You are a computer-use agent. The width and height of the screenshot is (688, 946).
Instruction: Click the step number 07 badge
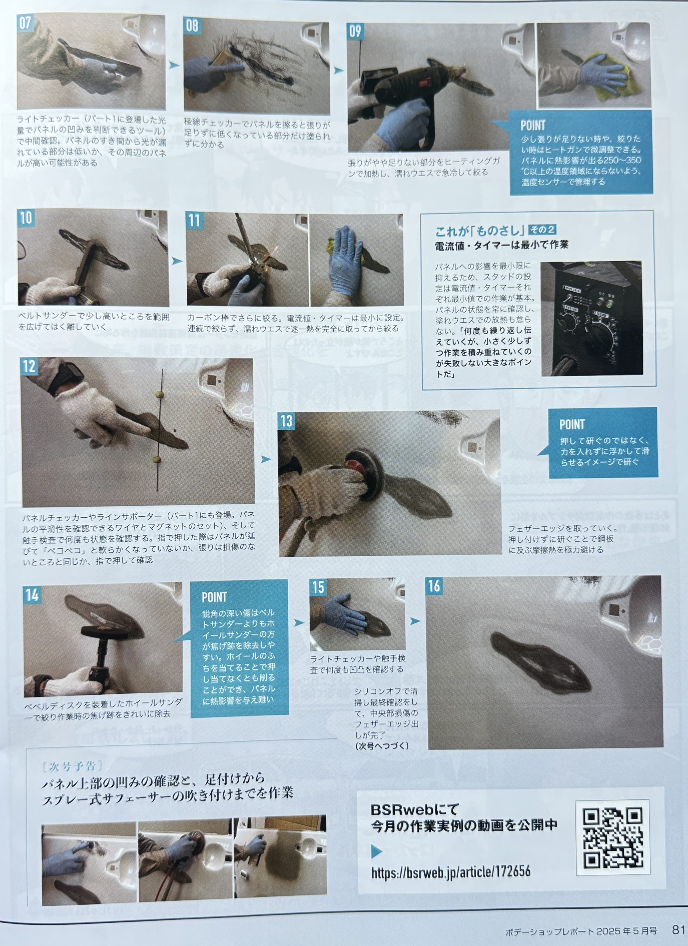click(25, 23)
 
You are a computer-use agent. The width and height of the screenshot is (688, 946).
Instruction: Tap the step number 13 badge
click(286, 421)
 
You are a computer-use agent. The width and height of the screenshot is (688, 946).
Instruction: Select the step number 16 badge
click(434, 586)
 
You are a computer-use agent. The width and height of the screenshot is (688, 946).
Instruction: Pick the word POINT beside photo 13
click(572, 425)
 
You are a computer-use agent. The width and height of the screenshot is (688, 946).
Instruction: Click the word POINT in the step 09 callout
click(533, 125)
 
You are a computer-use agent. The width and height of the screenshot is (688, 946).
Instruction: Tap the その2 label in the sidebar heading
click(542, 229)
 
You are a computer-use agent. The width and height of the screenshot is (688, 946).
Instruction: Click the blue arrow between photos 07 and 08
click(174, 65)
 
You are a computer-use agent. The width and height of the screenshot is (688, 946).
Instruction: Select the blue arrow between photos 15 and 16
click(415, 621)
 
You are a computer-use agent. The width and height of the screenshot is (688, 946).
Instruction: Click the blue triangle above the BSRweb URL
click(376, 851)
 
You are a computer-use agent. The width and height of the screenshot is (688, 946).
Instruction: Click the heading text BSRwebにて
click(414, 810)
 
